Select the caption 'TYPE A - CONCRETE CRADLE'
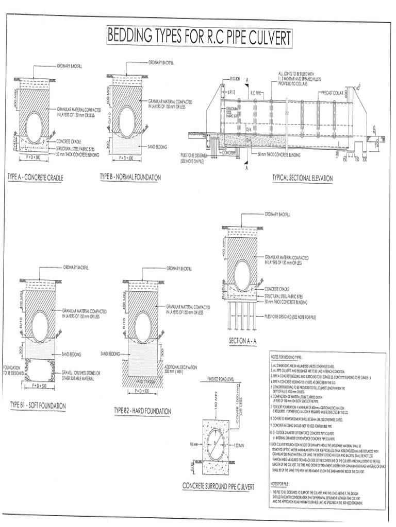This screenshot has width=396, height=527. [36, 178]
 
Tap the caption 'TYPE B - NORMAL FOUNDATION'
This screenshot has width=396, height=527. [130, 178]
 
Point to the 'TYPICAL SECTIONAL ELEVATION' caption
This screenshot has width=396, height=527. [302, 179]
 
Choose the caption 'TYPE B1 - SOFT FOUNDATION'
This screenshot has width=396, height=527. [38, 406]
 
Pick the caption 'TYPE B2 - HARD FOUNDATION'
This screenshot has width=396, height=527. [142, 411]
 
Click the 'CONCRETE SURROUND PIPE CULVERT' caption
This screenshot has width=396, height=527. [219, 486]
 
